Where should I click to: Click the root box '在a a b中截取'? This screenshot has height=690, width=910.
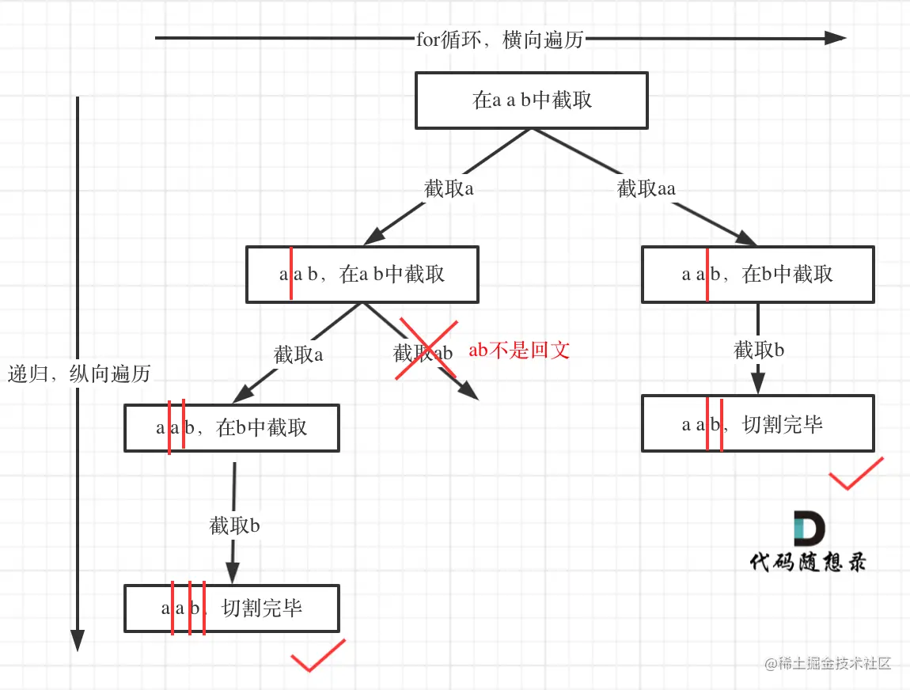(x=532, y=100)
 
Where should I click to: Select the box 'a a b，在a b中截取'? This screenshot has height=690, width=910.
(x=362, y=275)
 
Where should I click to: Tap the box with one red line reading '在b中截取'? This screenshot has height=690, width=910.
(x=757, y=275)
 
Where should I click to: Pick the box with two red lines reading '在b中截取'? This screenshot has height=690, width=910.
(x=232, y=428)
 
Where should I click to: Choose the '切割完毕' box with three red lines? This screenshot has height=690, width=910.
(x=232, y=608)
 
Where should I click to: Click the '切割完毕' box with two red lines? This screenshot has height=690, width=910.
(x=757, y=424)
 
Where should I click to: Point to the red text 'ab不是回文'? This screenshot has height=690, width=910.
(x=519, y=351)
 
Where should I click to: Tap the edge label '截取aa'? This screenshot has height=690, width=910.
(x=646, y=188)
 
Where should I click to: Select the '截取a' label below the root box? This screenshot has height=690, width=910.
(x=449, y=188)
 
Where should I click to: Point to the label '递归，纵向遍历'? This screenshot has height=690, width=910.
(x=79, y=373)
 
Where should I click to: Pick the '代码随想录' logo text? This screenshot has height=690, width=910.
(x=808, y=562)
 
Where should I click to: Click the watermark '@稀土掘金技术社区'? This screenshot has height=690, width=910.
(x=828, y=663)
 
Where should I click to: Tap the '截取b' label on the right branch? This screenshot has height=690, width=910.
(x=759, y=350)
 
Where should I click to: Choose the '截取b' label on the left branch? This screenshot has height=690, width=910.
(x=235, y=525)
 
